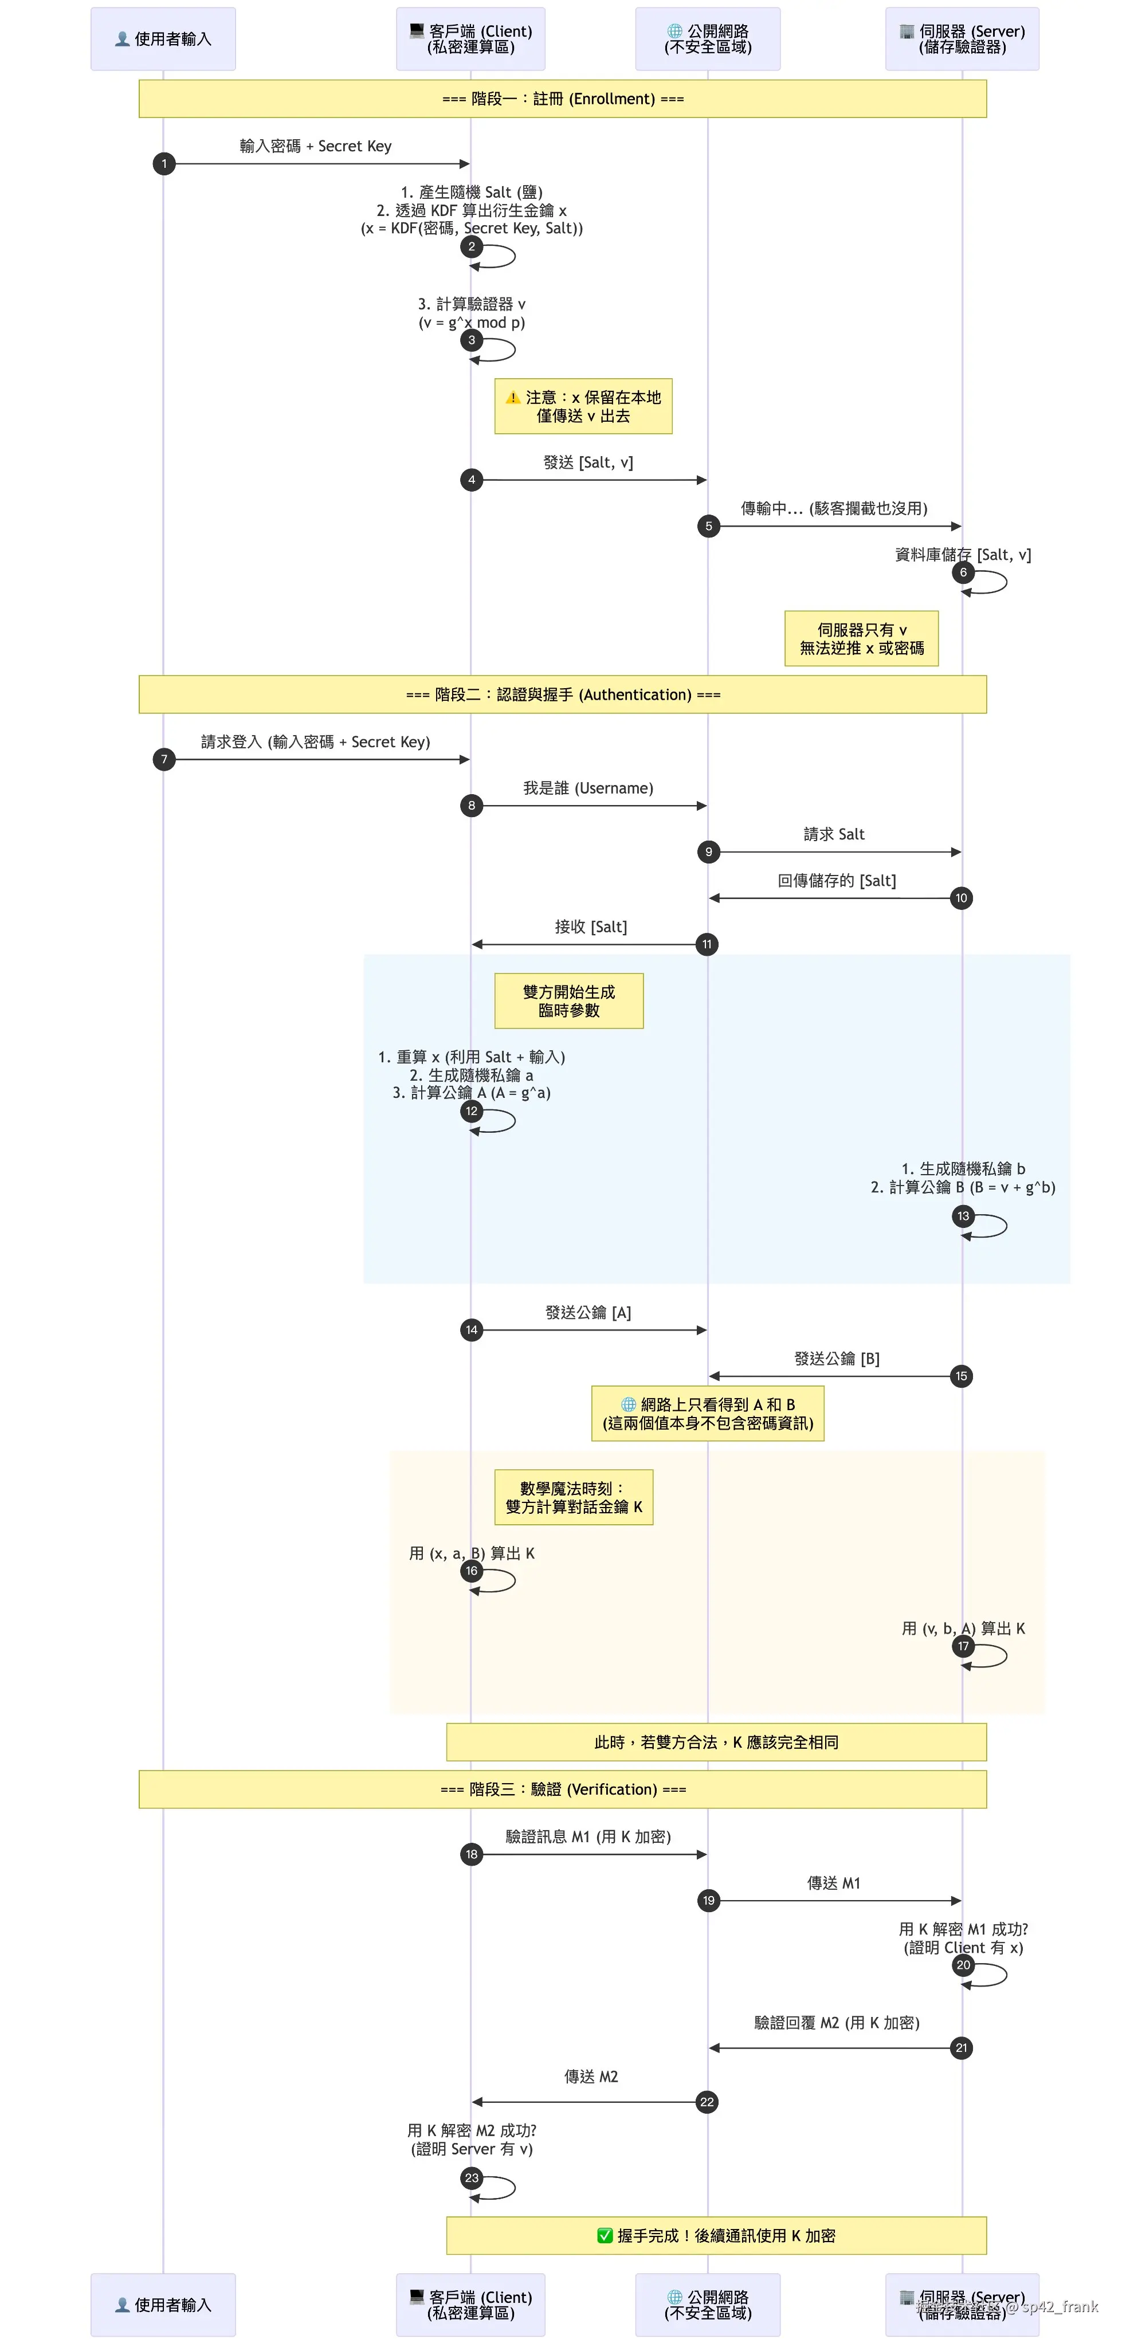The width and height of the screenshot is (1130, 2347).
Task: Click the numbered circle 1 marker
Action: [x=164, y=164]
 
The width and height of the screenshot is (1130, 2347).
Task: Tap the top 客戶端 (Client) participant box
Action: [x=470, y=39]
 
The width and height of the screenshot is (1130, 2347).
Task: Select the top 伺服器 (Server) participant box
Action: [x=962, y=39]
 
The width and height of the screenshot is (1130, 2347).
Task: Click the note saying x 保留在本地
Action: [x=583, y=406]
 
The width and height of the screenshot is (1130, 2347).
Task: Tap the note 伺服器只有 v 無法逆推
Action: [x=861, y=639]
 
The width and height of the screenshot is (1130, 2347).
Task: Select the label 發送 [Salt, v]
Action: [x=588, y=463]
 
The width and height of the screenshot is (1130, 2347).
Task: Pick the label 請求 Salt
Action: [x=834, y=834]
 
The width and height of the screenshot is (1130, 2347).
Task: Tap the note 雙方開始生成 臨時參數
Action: [x=568, y=1000]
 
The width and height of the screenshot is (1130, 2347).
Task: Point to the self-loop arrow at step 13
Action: [x=989, y=1226]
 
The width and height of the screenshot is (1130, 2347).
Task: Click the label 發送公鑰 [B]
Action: [x=837, y=1359]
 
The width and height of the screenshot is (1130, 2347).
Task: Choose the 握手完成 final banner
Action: [x=716, y=2235]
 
